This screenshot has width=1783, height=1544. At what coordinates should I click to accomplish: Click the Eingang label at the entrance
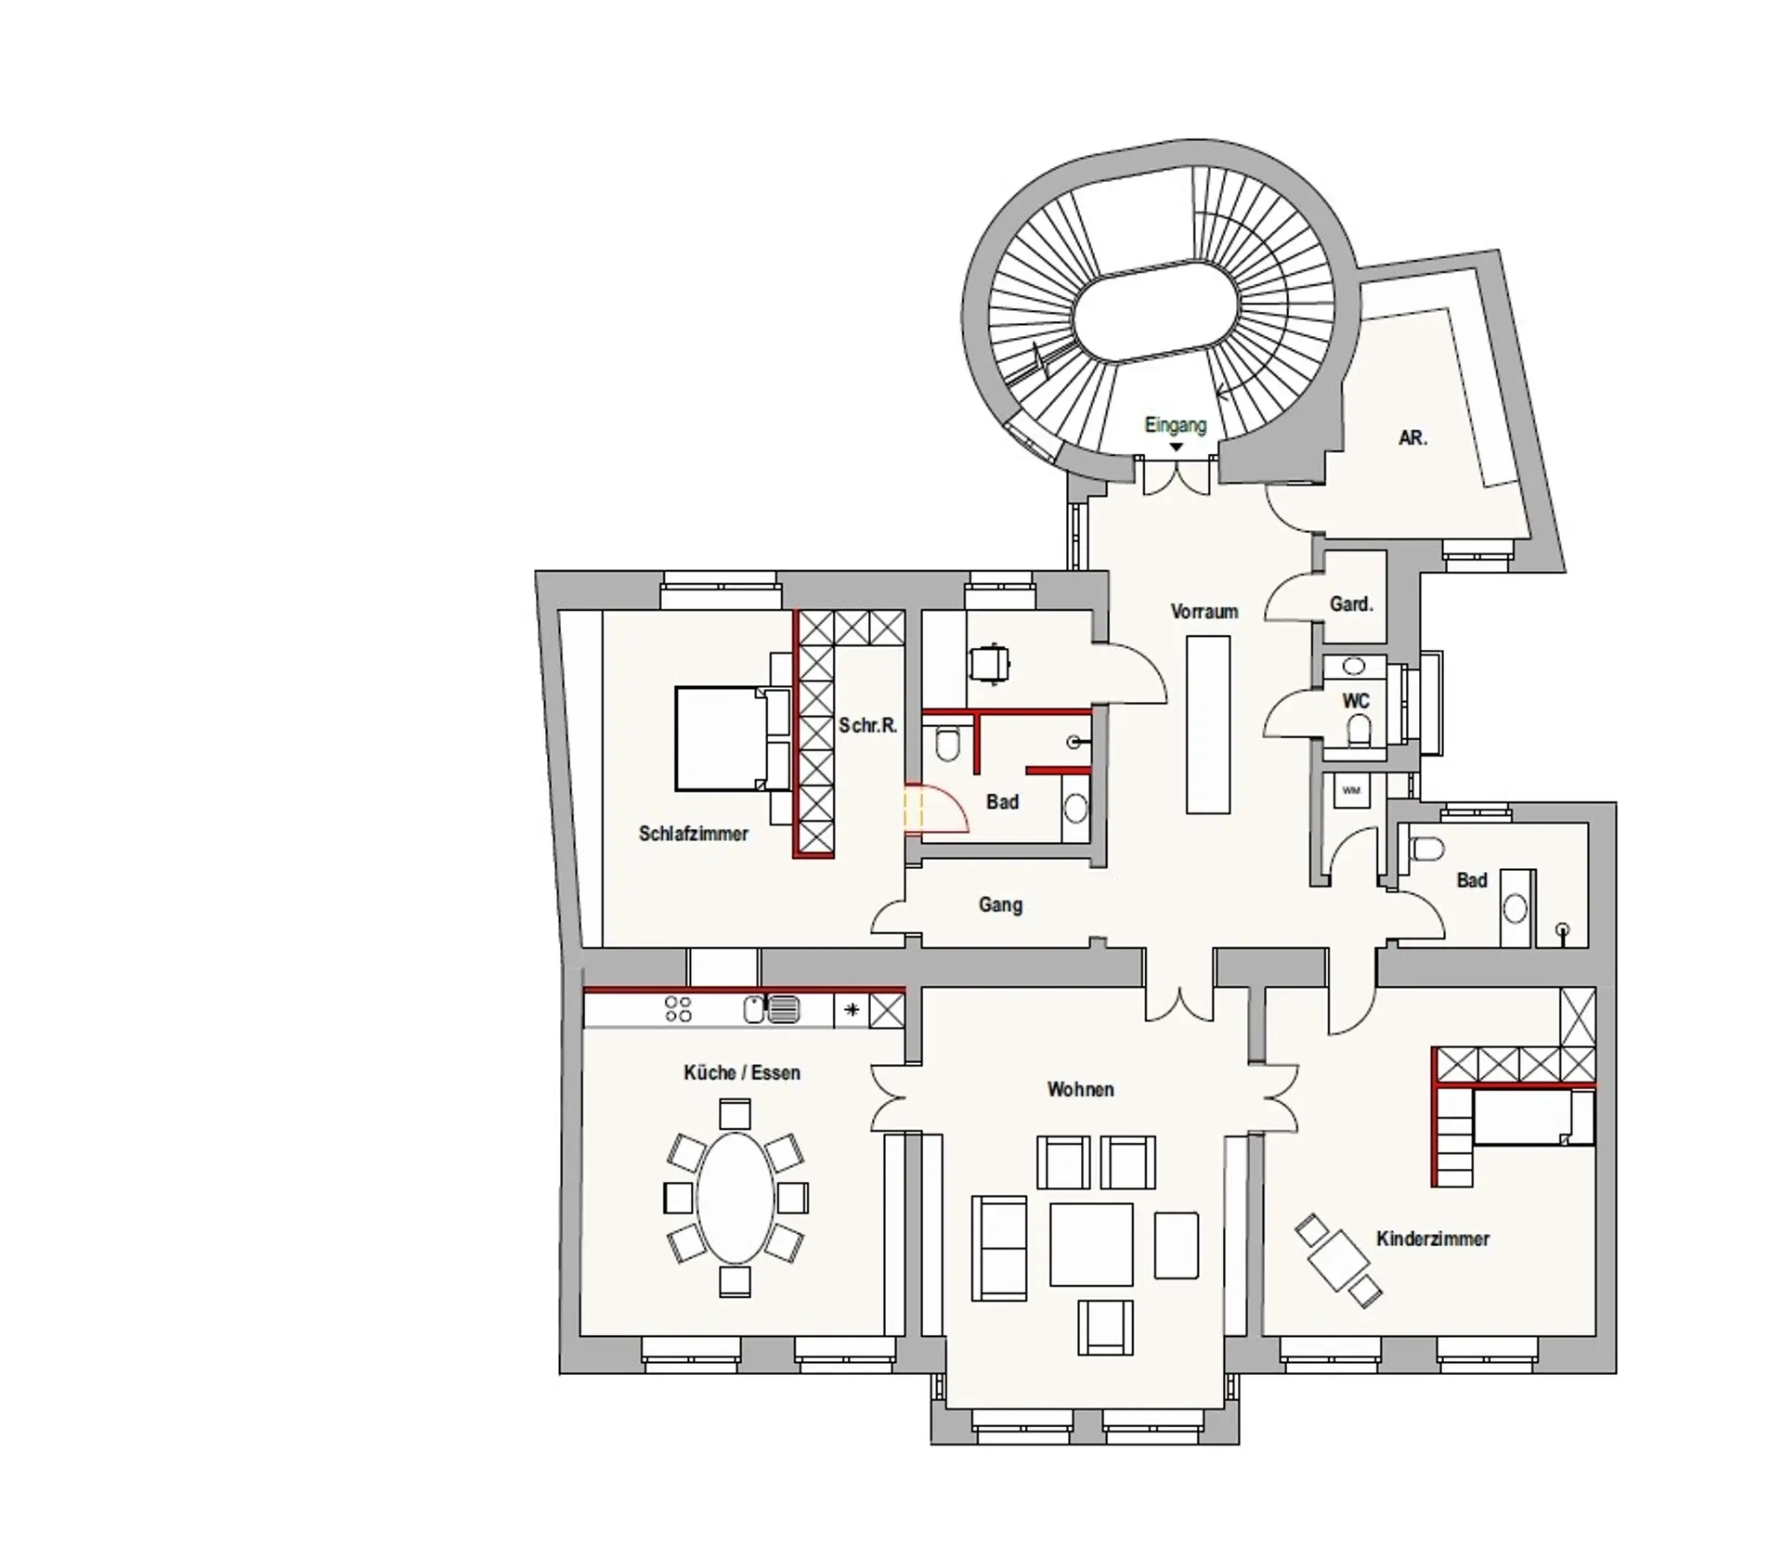click(x=1175, y=425)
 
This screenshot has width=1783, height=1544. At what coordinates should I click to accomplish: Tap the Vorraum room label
click(x=1204, y=612)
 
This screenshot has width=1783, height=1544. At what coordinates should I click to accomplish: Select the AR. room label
click(x=1412, y=438)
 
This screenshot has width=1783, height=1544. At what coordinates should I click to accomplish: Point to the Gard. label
click(x=1351, y=604)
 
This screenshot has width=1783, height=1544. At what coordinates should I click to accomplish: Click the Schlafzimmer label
click(x=694, y=834)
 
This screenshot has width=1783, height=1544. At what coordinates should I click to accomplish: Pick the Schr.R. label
click(x=868, y=725)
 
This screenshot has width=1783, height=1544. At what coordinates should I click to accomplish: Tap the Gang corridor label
click(x=1000, y=904)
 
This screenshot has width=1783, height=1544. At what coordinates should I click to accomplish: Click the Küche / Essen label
click(x=742, y=1072)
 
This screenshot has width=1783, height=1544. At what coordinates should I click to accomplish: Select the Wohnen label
click(x=1081, y=1089)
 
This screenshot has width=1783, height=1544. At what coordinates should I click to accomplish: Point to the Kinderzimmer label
click(x=1433, y=1239)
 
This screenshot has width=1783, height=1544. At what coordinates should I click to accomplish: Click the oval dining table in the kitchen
click(x=735, y=1198)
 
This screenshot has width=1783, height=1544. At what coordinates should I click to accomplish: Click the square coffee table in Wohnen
click(x=1092, y=1244)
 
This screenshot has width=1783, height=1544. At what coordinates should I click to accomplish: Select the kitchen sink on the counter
click(x=772, y=1010)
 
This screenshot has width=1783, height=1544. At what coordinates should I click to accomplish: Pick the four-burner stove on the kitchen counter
click(x=679, y=1009)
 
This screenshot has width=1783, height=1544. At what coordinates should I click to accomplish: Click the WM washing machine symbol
click(x=1351, y=790)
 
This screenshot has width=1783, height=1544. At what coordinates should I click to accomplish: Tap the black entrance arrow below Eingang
click(x=1176, y=448)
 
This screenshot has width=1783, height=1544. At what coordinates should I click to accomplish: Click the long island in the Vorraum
click(x=1208, y=725)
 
